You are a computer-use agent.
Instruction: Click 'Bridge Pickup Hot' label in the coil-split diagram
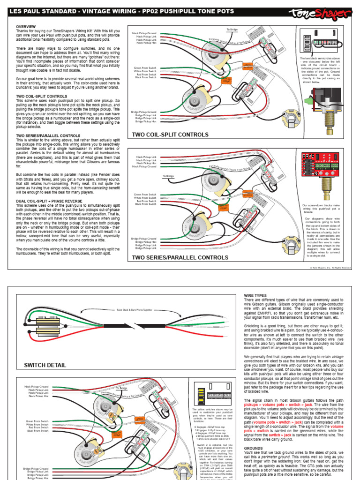[145, 121]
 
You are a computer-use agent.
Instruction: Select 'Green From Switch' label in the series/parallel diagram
[145, 194]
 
